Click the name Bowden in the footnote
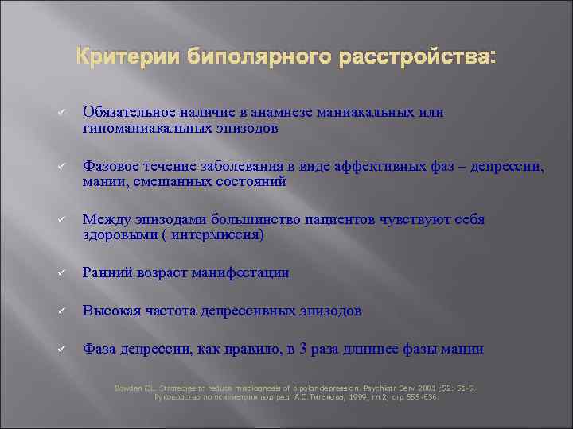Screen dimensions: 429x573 click(131, 388)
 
